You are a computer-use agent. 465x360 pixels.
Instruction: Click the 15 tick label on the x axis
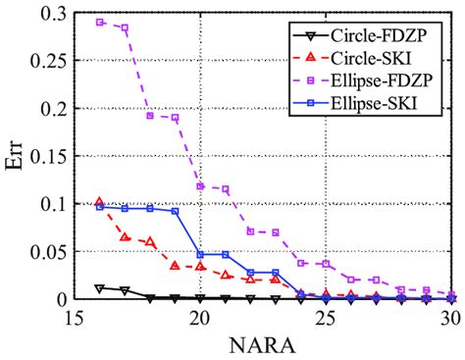tap(71, 318)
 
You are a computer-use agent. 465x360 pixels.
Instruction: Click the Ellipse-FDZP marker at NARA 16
tap(99, 22)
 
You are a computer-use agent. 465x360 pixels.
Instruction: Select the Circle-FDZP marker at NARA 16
tap(99, 288)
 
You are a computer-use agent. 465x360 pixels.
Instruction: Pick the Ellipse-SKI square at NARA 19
tap(176, 211)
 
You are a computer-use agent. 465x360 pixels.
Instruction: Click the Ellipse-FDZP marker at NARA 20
tap(201, 186)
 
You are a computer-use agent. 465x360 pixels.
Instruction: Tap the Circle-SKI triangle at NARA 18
tap(150, 241)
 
